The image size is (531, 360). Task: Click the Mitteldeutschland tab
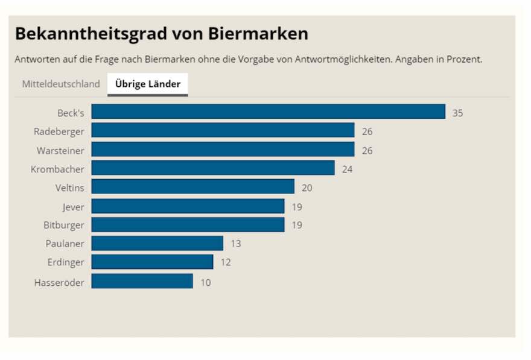pyautogui.click(x=61, y=84)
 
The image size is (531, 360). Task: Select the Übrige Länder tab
pyautogui.click(x=148, y=84)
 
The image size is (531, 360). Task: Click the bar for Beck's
pyautogui.click(x=268, y=112)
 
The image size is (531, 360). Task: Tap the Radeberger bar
pyautogui.click(x=223, y=131)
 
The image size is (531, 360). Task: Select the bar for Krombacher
pyautogui.click(x=213, y=168)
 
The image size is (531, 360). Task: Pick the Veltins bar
pyautogui.click(x=192, y=187)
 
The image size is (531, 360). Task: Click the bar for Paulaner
pyautogui.click(x=157, y=243)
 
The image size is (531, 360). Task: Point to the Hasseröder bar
pyautogui.click(x=142, y=281)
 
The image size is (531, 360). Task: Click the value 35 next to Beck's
pyautogui.click(x=457, y=113)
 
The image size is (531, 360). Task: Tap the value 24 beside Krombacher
pyautogui.click(x=347, y=169)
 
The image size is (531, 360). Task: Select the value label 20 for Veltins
pyautogui.click(x=307, y=188)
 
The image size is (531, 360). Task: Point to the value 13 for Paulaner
pyautogui.click(x=235, y=244)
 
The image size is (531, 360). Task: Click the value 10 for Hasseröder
pyautogui.click(x=205, y=282)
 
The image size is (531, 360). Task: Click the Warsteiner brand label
pyautogui.click(x=60, y=150)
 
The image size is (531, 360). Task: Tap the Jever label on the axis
pyautogui.click(x=73, y=206)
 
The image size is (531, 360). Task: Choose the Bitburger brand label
pyautogui.click(x=64, y=225)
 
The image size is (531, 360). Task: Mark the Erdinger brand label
pyautogui.click(x=66, y=262)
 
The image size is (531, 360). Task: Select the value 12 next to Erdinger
pyautogui.click(x=225, y=262)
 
